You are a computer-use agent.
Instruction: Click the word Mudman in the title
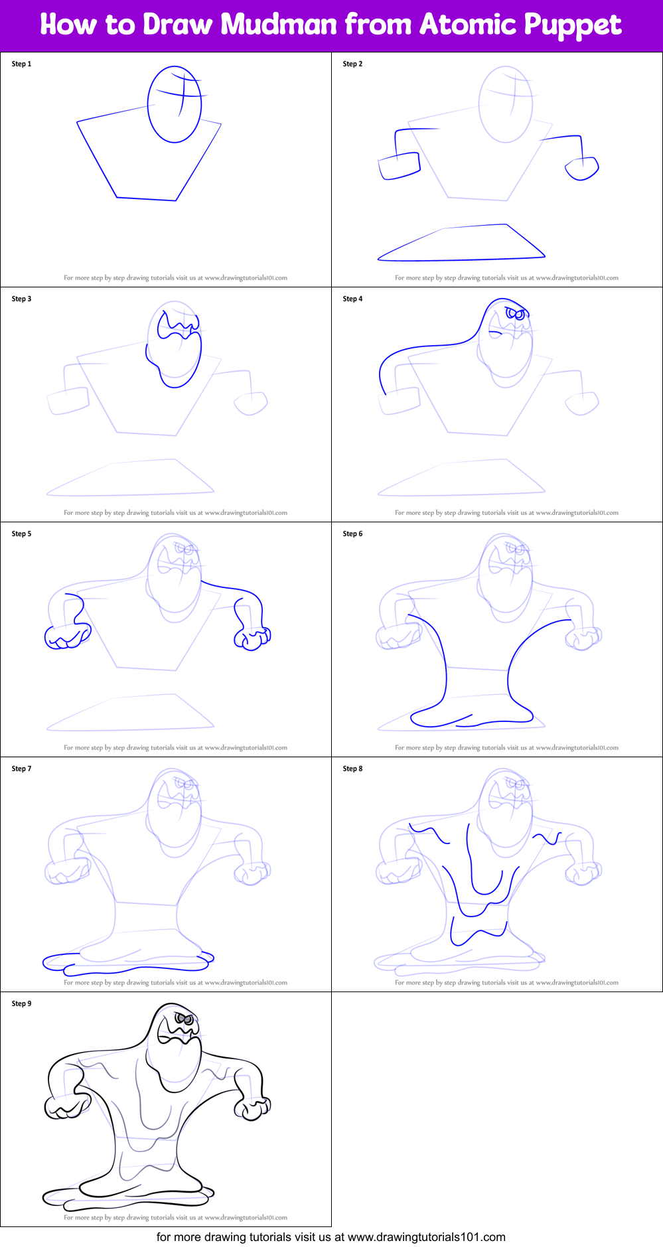point(278,25)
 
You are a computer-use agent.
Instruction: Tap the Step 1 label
point(21,64)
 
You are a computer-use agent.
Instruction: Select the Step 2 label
point(352,64)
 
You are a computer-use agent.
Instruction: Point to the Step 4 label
point(352,299)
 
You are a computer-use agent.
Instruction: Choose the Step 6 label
point(352,534)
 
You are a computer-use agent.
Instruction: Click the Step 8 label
point(352,769)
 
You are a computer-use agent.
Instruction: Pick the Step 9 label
point(21,1004)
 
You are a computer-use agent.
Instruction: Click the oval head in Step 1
point(175,104)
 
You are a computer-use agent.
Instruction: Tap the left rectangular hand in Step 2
point(399,166)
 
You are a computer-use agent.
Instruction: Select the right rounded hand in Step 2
point(582,169)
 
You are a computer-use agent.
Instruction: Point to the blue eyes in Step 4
point(516,313)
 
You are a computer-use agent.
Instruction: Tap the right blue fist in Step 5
point(252,638)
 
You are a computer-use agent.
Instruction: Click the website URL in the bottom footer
point(426,1237)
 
